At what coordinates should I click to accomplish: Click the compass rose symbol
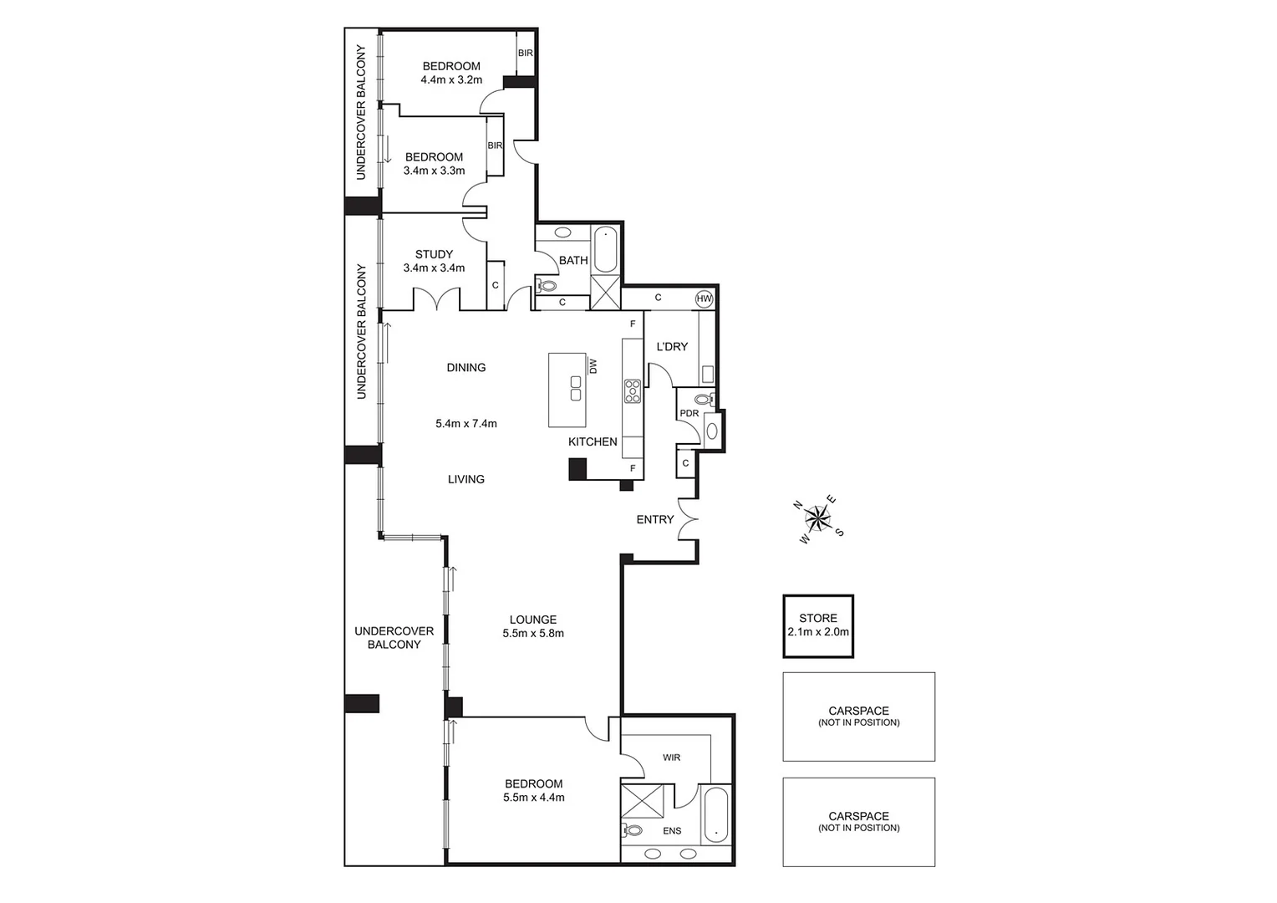pyautogui.click(x=818, y=519)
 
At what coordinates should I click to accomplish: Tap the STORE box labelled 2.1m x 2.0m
pyautogui.click(x=818, y=626)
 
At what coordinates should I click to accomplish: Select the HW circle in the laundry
pyautogui.click(x=704, y=298)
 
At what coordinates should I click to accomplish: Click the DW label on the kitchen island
pyautogui.click(x=593, y=366)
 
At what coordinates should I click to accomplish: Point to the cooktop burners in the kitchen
pyautogui.click(x=633, y=390)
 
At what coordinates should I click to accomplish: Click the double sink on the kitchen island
pyautogui.click(x=576, y=389)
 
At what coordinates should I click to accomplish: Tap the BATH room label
pyautogui.click(x=573, y=260)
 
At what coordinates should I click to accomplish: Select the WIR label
pyautogui.click(x=672, y=758)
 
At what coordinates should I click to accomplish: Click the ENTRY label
pyautogui.click(x=654, y=519)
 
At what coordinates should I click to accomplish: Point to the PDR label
pyautogui.click(x=689, y=413)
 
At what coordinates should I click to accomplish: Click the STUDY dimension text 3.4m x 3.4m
pyautogui.click(x=434, y=268)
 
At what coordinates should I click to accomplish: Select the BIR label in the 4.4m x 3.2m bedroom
pyautogui.click(x=525, y=53)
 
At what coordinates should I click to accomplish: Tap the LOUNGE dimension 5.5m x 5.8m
pyautogui.click(x=533, y=634)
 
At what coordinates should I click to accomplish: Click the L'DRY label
pyautogui.click(x=671, y=346)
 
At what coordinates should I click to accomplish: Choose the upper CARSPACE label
pyautogui.click(x=858, y=712)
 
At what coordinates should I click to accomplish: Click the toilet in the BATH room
pyautogui.click(x=547, y=286)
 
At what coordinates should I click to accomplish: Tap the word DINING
pyautogui.click(x=466, y=367)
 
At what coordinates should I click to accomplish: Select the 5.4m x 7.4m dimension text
pyautogui.click(x=466, y=424)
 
